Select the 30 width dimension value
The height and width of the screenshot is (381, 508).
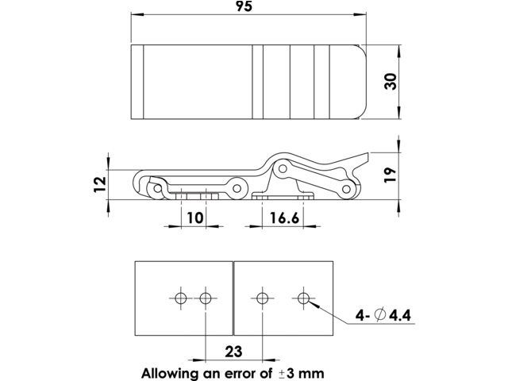pos(390,83)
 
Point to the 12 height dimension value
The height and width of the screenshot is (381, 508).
pos(99,185)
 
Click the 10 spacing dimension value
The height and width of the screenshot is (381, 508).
pos(193,217)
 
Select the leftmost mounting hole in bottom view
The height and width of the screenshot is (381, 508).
pos(180,298)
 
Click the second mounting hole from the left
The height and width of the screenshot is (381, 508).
pos(206,298)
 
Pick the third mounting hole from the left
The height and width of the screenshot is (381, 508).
pos(262,298)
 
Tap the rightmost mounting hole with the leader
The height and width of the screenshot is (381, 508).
pos(302,298)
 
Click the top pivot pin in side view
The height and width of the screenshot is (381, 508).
pos(281,169)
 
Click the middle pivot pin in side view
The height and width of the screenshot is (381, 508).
pos(237,187)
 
